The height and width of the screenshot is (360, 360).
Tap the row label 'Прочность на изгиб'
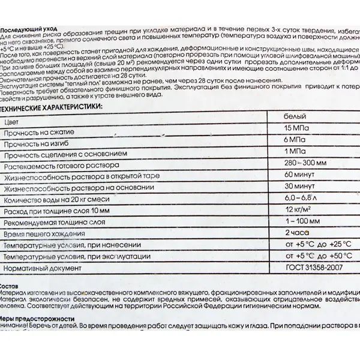tap(35, 144)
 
